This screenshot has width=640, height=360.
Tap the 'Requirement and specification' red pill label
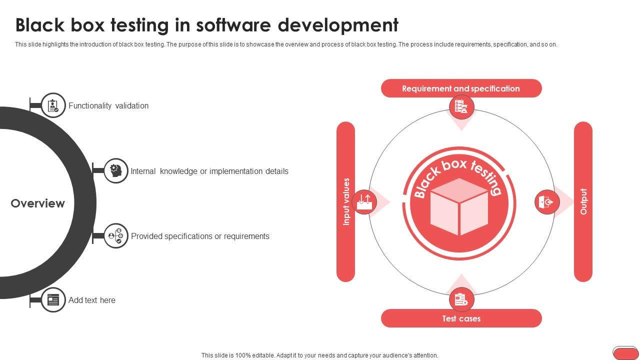click(461, 88)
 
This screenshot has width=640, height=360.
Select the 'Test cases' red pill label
click(461, 318)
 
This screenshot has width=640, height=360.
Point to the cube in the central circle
click(459, 205)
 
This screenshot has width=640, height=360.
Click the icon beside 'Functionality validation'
click(53, 105)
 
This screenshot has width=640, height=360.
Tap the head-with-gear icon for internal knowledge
click(116, 170)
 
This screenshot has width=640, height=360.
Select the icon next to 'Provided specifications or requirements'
click(116, 235)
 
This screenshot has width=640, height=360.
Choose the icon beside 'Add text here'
click(53, 299)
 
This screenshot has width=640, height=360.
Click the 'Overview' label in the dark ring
click(38, 203)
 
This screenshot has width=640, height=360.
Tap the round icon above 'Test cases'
click(461, 299)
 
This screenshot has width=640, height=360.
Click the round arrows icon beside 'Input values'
click(364, 201)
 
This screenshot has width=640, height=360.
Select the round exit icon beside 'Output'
click(547, 201)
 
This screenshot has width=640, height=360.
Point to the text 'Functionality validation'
click(108, 105)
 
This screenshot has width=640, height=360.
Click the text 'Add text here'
click(92, 300)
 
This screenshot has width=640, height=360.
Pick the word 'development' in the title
click(338, 24)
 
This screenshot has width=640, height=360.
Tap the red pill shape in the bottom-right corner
click(625, 353)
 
